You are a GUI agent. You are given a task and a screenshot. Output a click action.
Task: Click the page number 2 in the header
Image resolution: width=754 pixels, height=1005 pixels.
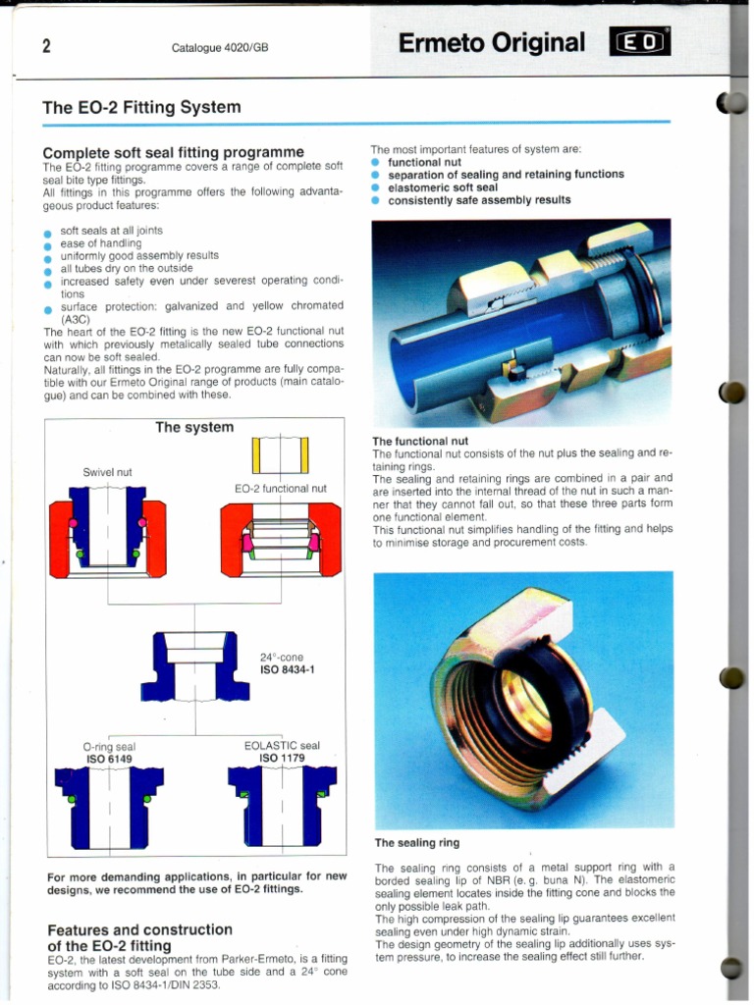coord(46,45)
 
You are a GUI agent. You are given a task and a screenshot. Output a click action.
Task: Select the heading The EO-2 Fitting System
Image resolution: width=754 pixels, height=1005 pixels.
coord(141,107)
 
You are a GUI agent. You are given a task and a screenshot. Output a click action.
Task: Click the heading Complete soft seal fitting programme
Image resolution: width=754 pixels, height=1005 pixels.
coord(173,152)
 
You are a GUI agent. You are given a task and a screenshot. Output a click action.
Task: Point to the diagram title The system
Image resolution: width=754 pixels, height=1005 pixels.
coord(194,427)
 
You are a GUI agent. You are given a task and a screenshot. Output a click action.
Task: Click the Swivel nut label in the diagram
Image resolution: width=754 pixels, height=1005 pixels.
coord(107,472)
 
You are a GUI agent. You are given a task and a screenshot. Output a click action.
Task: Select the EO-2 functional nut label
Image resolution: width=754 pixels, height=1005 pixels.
coord(281,488)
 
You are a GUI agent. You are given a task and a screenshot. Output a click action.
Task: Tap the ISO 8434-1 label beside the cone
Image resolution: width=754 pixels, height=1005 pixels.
coord(287,670)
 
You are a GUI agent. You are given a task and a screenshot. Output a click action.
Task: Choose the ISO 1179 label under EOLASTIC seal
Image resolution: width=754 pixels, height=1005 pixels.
coord(282,758)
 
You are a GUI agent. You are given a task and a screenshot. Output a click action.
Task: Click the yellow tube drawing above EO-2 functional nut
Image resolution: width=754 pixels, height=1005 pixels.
coord(281,454)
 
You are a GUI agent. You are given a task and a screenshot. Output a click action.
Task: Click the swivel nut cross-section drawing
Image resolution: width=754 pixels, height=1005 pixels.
coord(107,539)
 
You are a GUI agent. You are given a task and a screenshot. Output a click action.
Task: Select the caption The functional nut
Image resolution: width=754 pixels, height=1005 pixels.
coord(420,442)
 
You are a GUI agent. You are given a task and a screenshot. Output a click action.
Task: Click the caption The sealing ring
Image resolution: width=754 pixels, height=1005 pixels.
coord(416,842)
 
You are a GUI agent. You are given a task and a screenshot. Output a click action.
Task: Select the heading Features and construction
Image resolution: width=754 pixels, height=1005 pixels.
coord(139,928)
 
